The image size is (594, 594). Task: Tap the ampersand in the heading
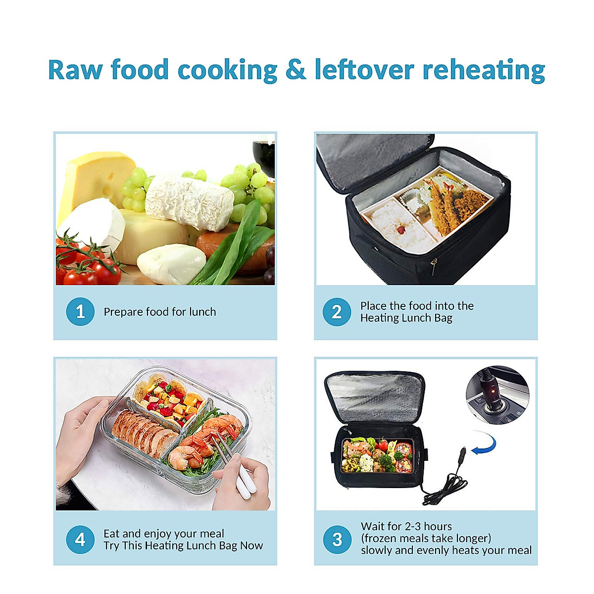tap(296, 70)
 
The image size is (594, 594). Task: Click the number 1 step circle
tap(80, 312)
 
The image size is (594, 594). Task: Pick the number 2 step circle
tap(337, 312)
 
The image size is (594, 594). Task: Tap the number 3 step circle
tap(337, 539)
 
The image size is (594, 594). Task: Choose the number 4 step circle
tap(80, 539)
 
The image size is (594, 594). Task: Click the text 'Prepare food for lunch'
tap(160, 312)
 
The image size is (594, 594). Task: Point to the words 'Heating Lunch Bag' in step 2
tap(406, 318)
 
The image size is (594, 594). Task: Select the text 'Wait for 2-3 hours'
tap(406, 526)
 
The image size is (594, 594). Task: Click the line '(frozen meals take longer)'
tap(426, 538)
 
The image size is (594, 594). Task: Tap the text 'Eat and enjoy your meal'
tap(164, 534)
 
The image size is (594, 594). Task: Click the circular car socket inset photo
tap(497, 396)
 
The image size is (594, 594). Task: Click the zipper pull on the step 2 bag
tap(434, 267)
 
